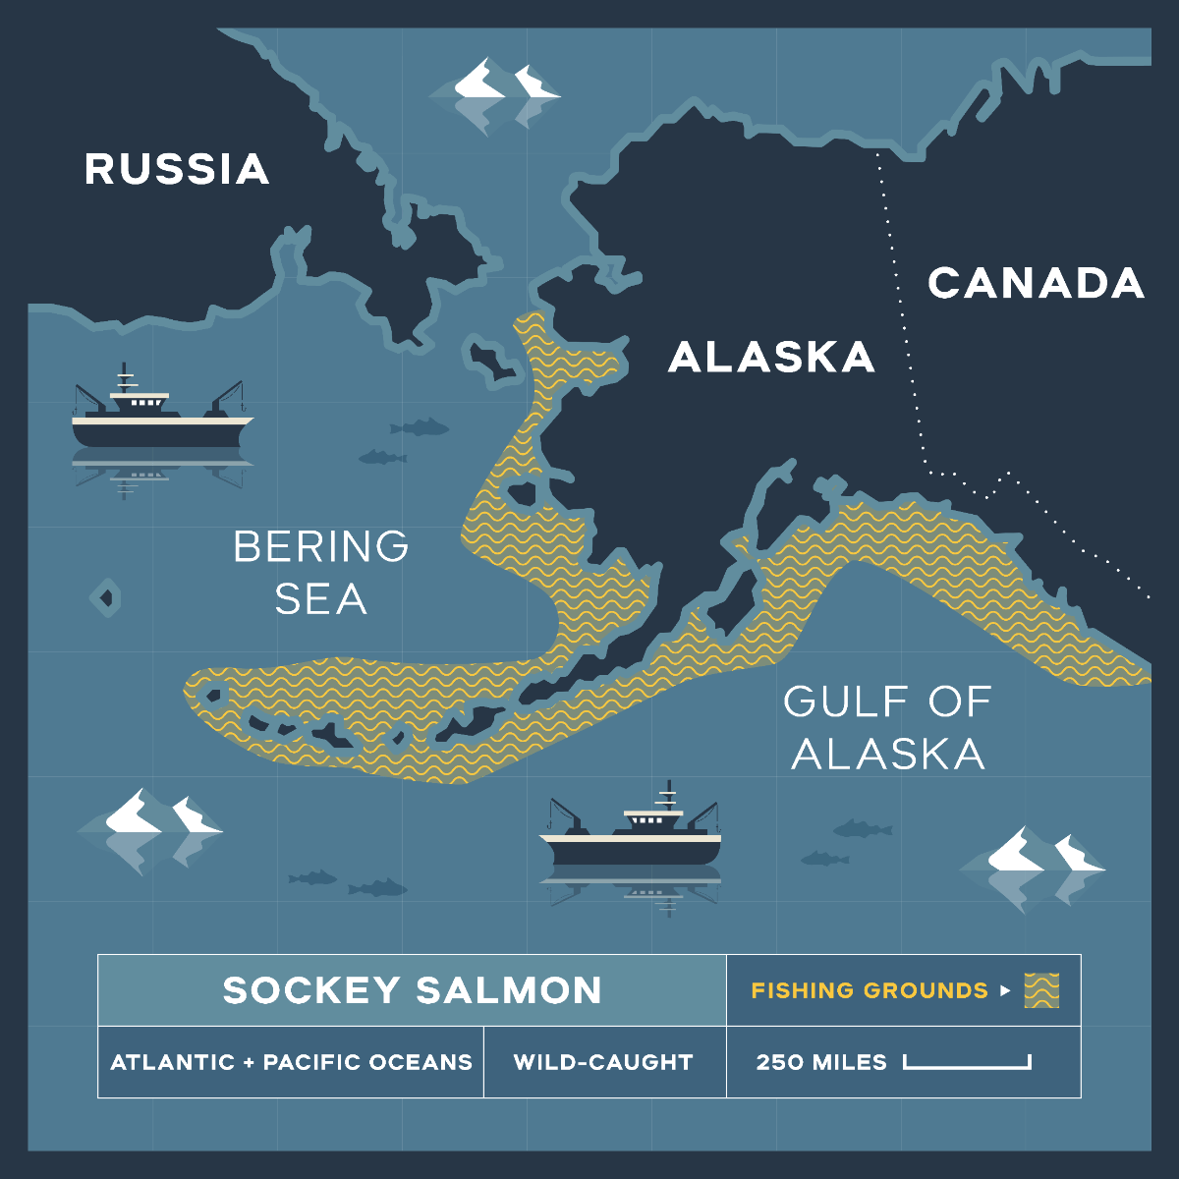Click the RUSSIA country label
point(177,169)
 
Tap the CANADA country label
point(1036,283)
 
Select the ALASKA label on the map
point(771,358)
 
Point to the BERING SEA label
point(320,573)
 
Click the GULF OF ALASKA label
point(887,728)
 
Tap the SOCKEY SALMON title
point(412,990)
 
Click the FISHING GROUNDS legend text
point(869,990)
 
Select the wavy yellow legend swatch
point(1041,990)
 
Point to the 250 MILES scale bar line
point(967,1064)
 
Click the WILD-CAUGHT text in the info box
point(603,1062)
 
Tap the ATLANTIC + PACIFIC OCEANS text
point(291,1062)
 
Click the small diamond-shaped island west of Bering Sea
point(106,596)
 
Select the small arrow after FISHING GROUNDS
point(1004,990)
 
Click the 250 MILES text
point(821,1062)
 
